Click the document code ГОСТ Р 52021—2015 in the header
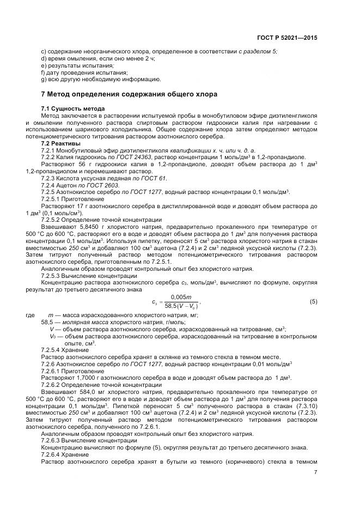click(x=288, y=38)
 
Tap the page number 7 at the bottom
click(x=315, y=473)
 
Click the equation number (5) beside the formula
click(x=313, y=301)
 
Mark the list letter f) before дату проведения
click(x=44, y=72)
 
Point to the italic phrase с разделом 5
click(x=258, y=51)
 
